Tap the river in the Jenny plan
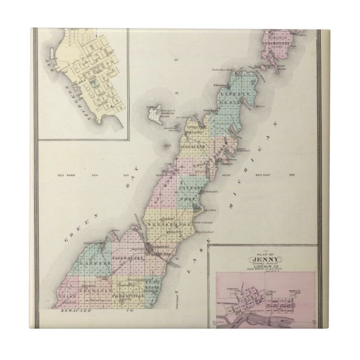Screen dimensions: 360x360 pyautogui.click(x=268, y=319)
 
